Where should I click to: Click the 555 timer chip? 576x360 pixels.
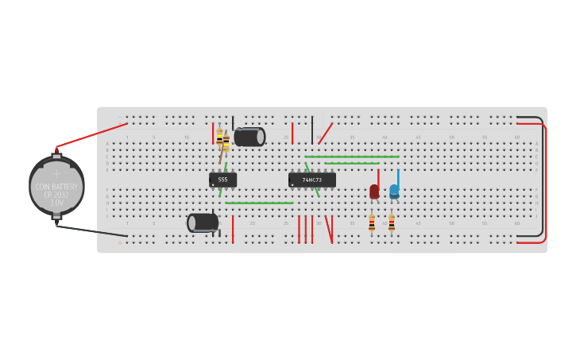(222, 180)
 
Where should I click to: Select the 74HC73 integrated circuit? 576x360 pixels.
(311, 180)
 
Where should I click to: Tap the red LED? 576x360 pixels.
(374, 191)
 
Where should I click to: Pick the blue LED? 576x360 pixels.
(394, 191)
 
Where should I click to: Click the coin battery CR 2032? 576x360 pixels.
(56, 186)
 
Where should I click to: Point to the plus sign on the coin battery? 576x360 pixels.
(56, 172)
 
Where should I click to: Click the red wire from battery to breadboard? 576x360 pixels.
(91, 136)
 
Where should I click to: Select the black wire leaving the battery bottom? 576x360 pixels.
(91, 231)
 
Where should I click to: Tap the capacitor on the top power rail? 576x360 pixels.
(249, 137)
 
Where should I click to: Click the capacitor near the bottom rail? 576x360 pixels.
(203, 223)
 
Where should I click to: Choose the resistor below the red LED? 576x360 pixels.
(371, 223)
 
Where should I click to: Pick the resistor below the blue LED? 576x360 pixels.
(391, 223)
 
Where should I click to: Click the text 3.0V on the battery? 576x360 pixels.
(56, 203)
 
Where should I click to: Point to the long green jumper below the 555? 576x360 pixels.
(258, 203)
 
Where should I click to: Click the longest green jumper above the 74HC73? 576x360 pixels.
(351, 157)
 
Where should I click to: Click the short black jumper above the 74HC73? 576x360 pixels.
(312, 129)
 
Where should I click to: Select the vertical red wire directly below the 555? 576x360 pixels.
(233, 229)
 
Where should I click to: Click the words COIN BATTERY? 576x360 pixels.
(56, 187)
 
